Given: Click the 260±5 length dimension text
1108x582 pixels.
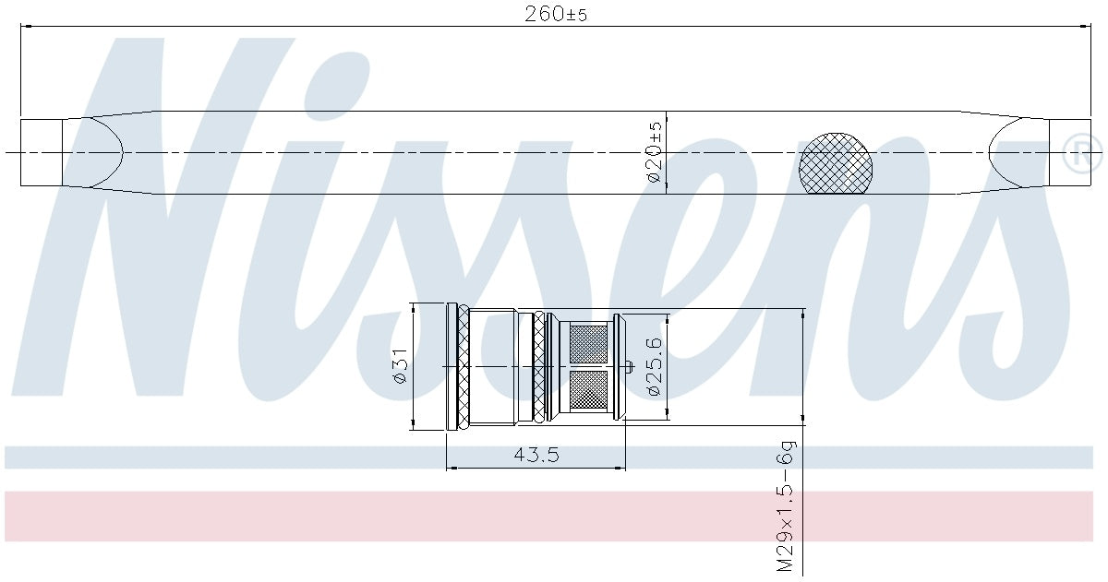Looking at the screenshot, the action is (556, 15).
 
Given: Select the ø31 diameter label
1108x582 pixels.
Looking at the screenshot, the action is (399, 366).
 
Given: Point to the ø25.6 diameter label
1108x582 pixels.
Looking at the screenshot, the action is (654, 366).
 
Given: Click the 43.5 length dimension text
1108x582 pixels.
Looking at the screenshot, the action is (536, 455).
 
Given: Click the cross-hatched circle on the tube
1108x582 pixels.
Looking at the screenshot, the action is (836, 163).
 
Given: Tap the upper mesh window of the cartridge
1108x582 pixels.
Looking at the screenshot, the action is (589, 343).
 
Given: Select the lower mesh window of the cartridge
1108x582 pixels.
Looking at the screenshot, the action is (589, 390).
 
